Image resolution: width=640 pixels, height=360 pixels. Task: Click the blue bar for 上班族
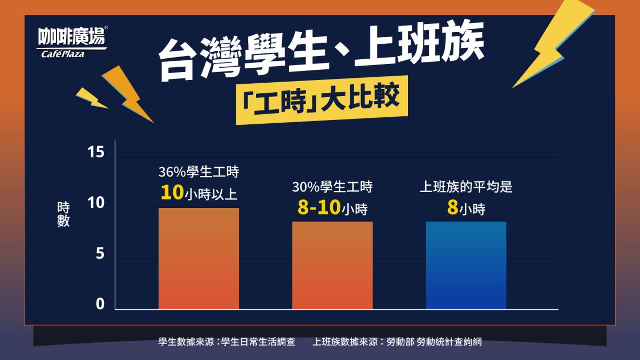click(x=466, y=265)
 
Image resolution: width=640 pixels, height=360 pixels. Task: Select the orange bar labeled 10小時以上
click(x=198, y=258)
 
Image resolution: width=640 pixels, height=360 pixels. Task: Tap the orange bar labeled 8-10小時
click(x=332, y=265)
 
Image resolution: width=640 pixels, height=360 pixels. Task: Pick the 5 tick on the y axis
click(x=99, y=254)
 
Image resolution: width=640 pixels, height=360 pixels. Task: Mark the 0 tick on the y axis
click(x=99, y=305)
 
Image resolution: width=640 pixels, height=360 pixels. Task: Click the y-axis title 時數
click(x=63, y=215)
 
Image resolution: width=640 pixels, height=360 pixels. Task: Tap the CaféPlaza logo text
click(x=63, y=53)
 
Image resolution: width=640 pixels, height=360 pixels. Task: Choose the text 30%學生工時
click(x=332, y=187)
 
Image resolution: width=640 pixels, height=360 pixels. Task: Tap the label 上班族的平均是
click(x=466, y=187)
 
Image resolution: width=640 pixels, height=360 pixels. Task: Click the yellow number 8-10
click(x=319, y=208)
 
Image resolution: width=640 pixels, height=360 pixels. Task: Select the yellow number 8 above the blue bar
click(x=452, y=208)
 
